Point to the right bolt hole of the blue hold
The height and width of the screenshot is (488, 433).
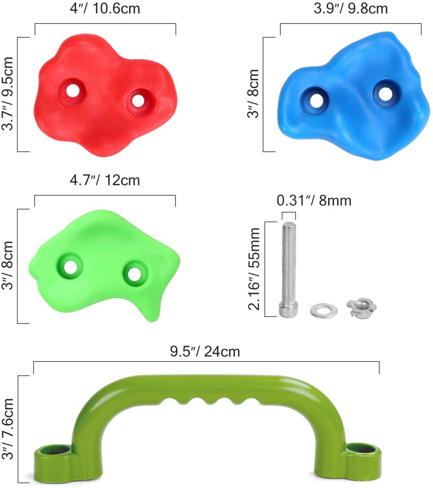click(385, 94)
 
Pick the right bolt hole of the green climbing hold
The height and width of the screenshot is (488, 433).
click(134, 274)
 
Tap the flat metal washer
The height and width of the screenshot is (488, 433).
click(324, 310)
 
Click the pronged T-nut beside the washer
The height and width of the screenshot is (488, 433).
click(361, 308)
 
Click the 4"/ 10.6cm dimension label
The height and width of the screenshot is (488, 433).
click(105, 9)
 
